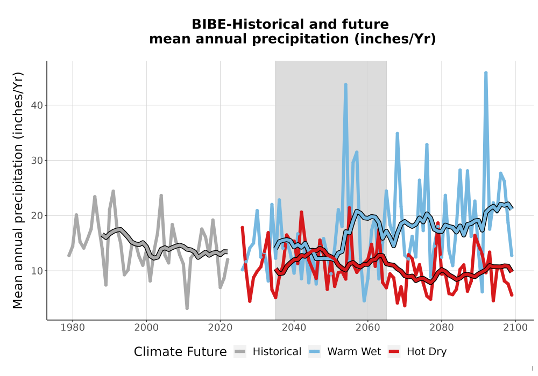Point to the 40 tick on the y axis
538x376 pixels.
(37, 105)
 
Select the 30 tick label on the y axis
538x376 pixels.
(37, 160)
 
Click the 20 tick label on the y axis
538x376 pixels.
(37, 216)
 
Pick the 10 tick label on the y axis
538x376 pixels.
(37, 271)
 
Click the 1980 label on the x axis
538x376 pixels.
(73, 328)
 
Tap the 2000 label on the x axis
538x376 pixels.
(146, 328)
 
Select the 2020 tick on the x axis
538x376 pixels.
(220, 328)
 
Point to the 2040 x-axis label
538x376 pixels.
(294, 328)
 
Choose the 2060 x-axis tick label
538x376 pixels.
(368, 328)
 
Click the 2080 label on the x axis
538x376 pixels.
(442, 328)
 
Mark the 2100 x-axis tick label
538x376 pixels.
(515, 328)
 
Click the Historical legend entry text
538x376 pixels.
(277, 352)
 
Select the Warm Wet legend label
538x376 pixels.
(354, 352)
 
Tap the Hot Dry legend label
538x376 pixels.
(427, 352)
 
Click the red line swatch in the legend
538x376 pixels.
(394, 352)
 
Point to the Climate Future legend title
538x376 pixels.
(180, 352)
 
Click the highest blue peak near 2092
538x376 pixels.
(486, 73)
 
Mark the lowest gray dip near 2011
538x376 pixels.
(187, 308)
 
